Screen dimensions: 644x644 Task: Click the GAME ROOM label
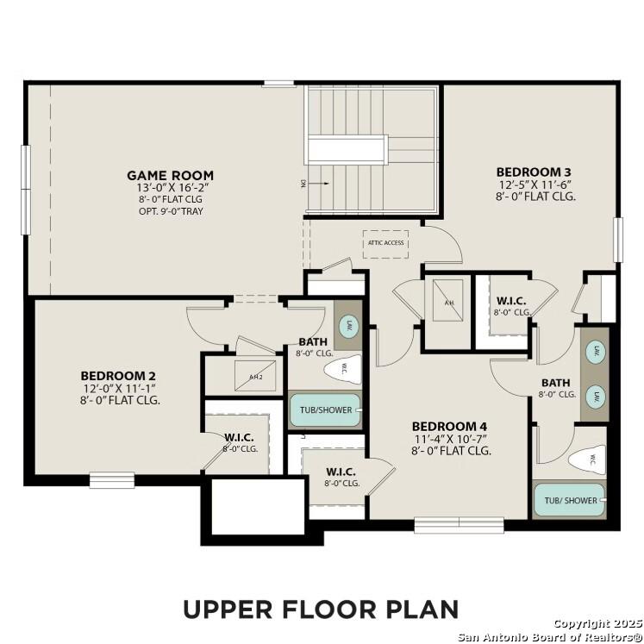[x=170, y=175]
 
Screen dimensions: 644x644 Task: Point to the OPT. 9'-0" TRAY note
[x=170, y=211]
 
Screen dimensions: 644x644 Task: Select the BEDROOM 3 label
[x=534, y=172]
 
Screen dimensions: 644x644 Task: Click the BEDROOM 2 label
[x=118, y=376]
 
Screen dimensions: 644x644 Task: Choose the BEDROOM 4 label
[x=449, y=426]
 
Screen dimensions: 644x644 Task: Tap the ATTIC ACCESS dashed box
[x=385, y=243]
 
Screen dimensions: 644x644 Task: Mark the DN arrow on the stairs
[x=317, y=183]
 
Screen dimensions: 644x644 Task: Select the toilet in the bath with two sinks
[x=588, y=460]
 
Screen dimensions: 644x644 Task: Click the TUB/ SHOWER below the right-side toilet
[x=570, y=500]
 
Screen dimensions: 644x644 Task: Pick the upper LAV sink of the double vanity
[x=594, y=352]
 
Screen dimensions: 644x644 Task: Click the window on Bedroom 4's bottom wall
[x=459, y=523]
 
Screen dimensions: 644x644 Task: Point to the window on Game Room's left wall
[x=26, y=178]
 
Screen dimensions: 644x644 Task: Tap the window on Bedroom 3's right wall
[x=617, y=240]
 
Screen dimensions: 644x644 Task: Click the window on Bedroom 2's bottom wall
[x=111, y=479]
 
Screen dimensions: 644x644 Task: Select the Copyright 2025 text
[x=595, y=623]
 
